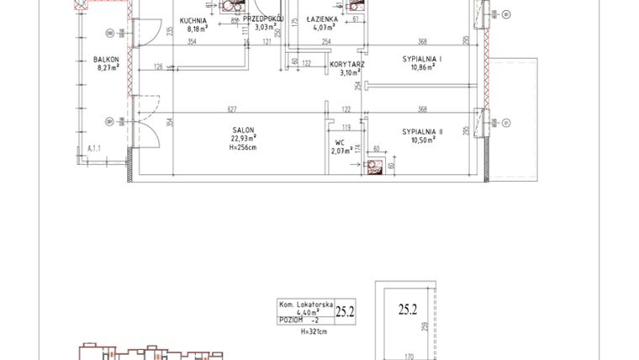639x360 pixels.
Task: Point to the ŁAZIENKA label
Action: click(323, 18)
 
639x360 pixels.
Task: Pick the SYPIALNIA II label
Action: click(423, 131)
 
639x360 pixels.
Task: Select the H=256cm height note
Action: click(244, 148)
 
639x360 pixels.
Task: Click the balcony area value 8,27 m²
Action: click(107, 68)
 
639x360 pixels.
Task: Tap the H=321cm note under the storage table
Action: click(314, 332)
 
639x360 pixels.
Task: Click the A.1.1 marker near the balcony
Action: click(95, 149)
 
